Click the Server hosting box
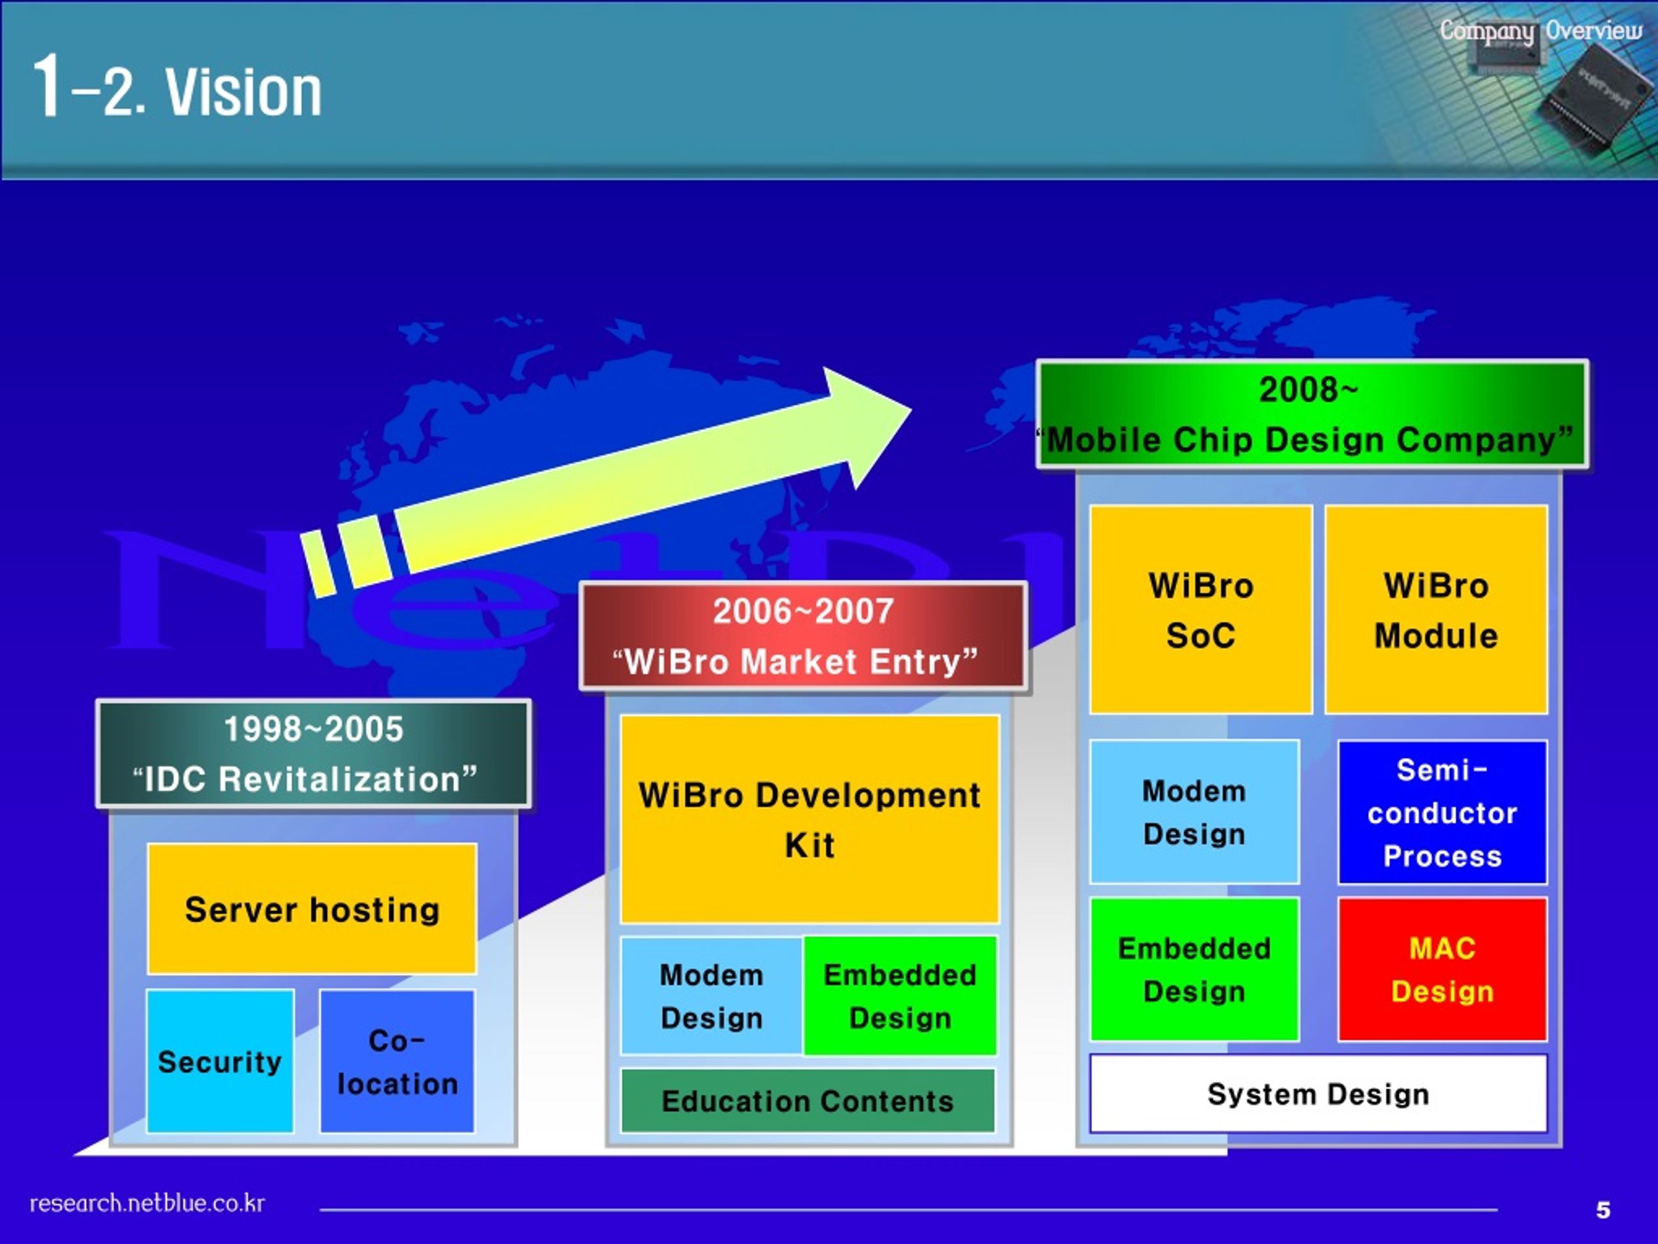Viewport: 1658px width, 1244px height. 312,909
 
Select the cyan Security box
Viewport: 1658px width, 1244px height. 220,1061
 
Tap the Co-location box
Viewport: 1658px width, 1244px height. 397,1061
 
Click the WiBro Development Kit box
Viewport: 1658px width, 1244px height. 810,819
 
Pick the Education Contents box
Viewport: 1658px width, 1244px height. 808,1101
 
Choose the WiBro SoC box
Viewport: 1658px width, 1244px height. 1201,609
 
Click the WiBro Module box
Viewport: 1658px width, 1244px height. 1436,609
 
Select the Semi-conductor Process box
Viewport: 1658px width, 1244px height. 1442,812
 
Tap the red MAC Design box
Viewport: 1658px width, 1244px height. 1442,969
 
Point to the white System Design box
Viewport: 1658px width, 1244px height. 1319,1093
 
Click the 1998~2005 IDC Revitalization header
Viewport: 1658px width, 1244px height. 313,754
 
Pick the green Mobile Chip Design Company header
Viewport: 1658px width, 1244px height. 1312,414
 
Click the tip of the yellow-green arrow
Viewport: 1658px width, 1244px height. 911,410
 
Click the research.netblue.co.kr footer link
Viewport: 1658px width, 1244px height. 147,1203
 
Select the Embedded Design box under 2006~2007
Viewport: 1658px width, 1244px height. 900,996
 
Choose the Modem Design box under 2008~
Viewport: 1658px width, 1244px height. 1195,812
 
